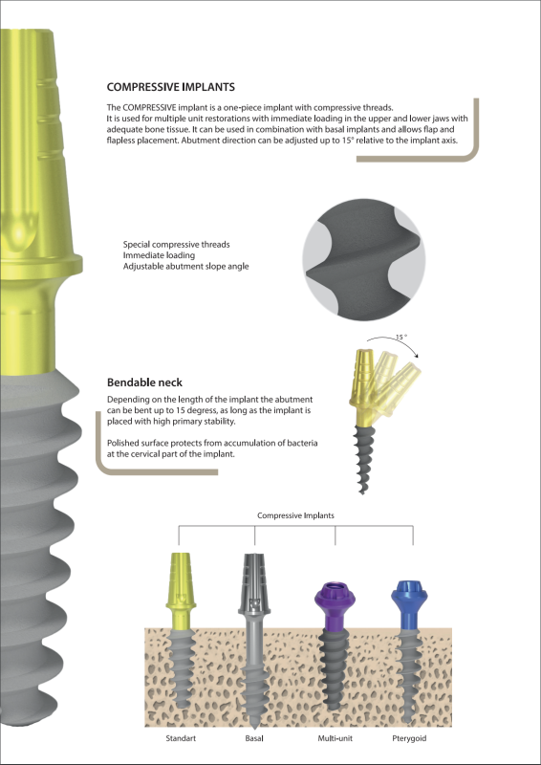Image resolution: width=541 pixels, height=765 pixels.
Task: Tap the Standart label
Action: tap(183, 739)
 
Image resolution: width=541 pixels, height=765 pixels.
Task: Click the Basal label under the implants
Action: tap(254, 739)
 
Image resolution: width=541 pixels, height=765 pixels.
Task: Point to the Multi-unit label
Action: tap(336, 739)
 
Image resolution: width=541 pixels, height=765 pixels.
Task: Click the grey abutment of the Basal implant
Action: tap(255, 583)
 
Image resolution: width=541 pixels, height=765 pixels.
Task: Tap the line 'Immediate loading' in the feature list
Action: tap(159, 255)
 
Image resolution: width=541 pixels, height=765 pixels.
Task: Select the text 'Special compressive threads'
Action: tap(176, 244)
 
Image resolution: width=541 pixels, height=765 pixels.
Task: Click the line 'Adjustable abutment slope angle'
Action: tap(185, 267)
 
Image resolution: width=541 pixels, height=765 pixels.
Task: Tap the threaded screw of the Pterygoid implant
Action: tap(408, 669)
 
